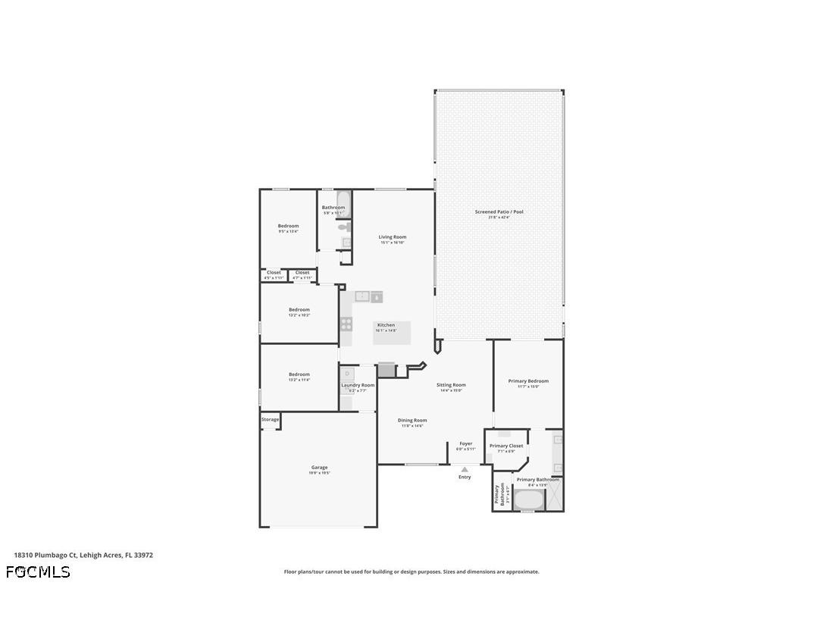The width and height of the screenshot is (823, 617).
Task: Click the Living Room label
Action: tap(393, 237)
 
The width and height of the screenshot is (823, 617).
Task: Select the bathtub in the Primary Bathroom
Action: tap(528, 500)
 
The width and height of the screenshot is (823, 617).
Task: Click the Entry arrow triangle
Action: tap(465, 469)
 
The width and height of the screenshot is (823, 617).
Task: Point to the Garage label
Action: tap(319, 468)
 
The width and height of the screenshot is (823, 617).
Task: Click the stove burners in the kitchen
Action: tap(346, 324)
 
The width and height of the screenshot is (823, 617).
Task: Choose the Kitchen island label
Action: tap(386, 326)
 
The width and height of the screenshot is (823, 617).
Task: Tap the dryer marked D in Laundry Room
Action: tap(347, 374)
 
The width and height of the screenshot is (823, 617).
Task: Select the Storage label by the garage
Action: tap(271, 419)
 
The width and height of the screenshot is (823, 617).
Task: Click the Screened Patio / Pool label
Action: tap(499, 212)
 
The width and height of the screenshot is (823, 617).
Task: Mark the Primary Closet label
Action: tap(506, 446)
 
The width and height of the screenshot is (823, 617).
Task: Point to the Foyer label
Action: tap(465, 444)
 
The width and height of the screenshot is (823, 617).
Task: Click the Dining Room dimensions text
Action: tap(412, 426)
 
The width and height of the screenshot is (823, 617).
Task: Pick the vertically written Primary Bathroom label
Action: tap(499, 494)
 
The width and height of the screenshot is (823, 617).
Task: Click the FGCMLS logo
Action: tap(38, 572)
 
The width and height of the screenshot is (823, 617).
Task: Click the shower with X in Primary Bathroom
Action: tap(555, 500)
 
